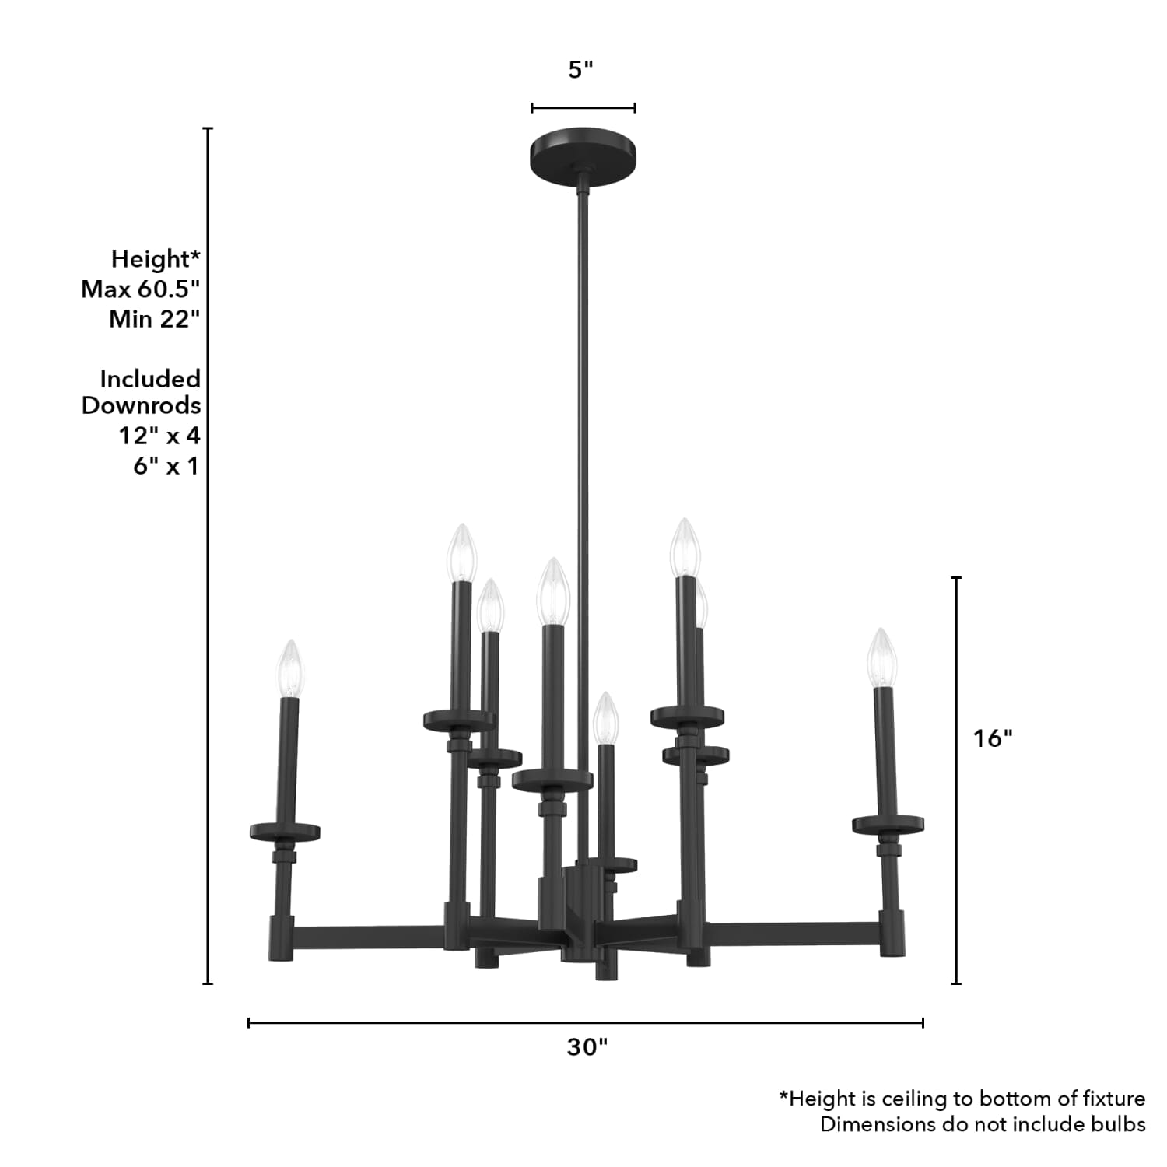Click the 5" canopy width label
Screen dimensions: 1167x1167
(580, 70)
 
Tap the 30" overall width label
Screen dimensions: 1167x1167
(587, 1047)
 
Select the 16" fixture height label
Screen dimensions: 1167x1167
(992, 738)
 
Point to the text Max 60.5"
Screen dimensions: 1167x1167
(141, 289)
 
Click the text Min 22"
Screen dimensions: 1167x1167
(155, 319)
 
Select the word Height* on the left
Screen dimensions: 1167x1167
(156, 258)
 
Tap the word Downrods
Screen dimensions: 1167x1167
(142, 405)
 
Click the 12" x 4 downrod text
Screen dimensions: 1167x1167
(159, 436)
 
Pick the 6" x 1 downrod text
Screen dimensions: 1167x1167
(166, 466)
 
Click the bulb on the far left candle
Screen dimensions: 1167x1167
(290, 668)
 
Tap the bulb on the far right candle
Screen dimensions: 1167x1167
(882, 657)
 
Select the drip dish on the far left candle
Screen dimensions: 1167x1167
(285, 832)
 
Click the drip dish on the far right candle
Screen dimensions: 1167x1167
(888, 824)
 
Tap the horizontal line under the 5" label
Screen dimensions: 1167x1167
(583, 108)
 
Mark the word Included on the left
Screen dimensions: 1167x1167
(150, 379)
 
